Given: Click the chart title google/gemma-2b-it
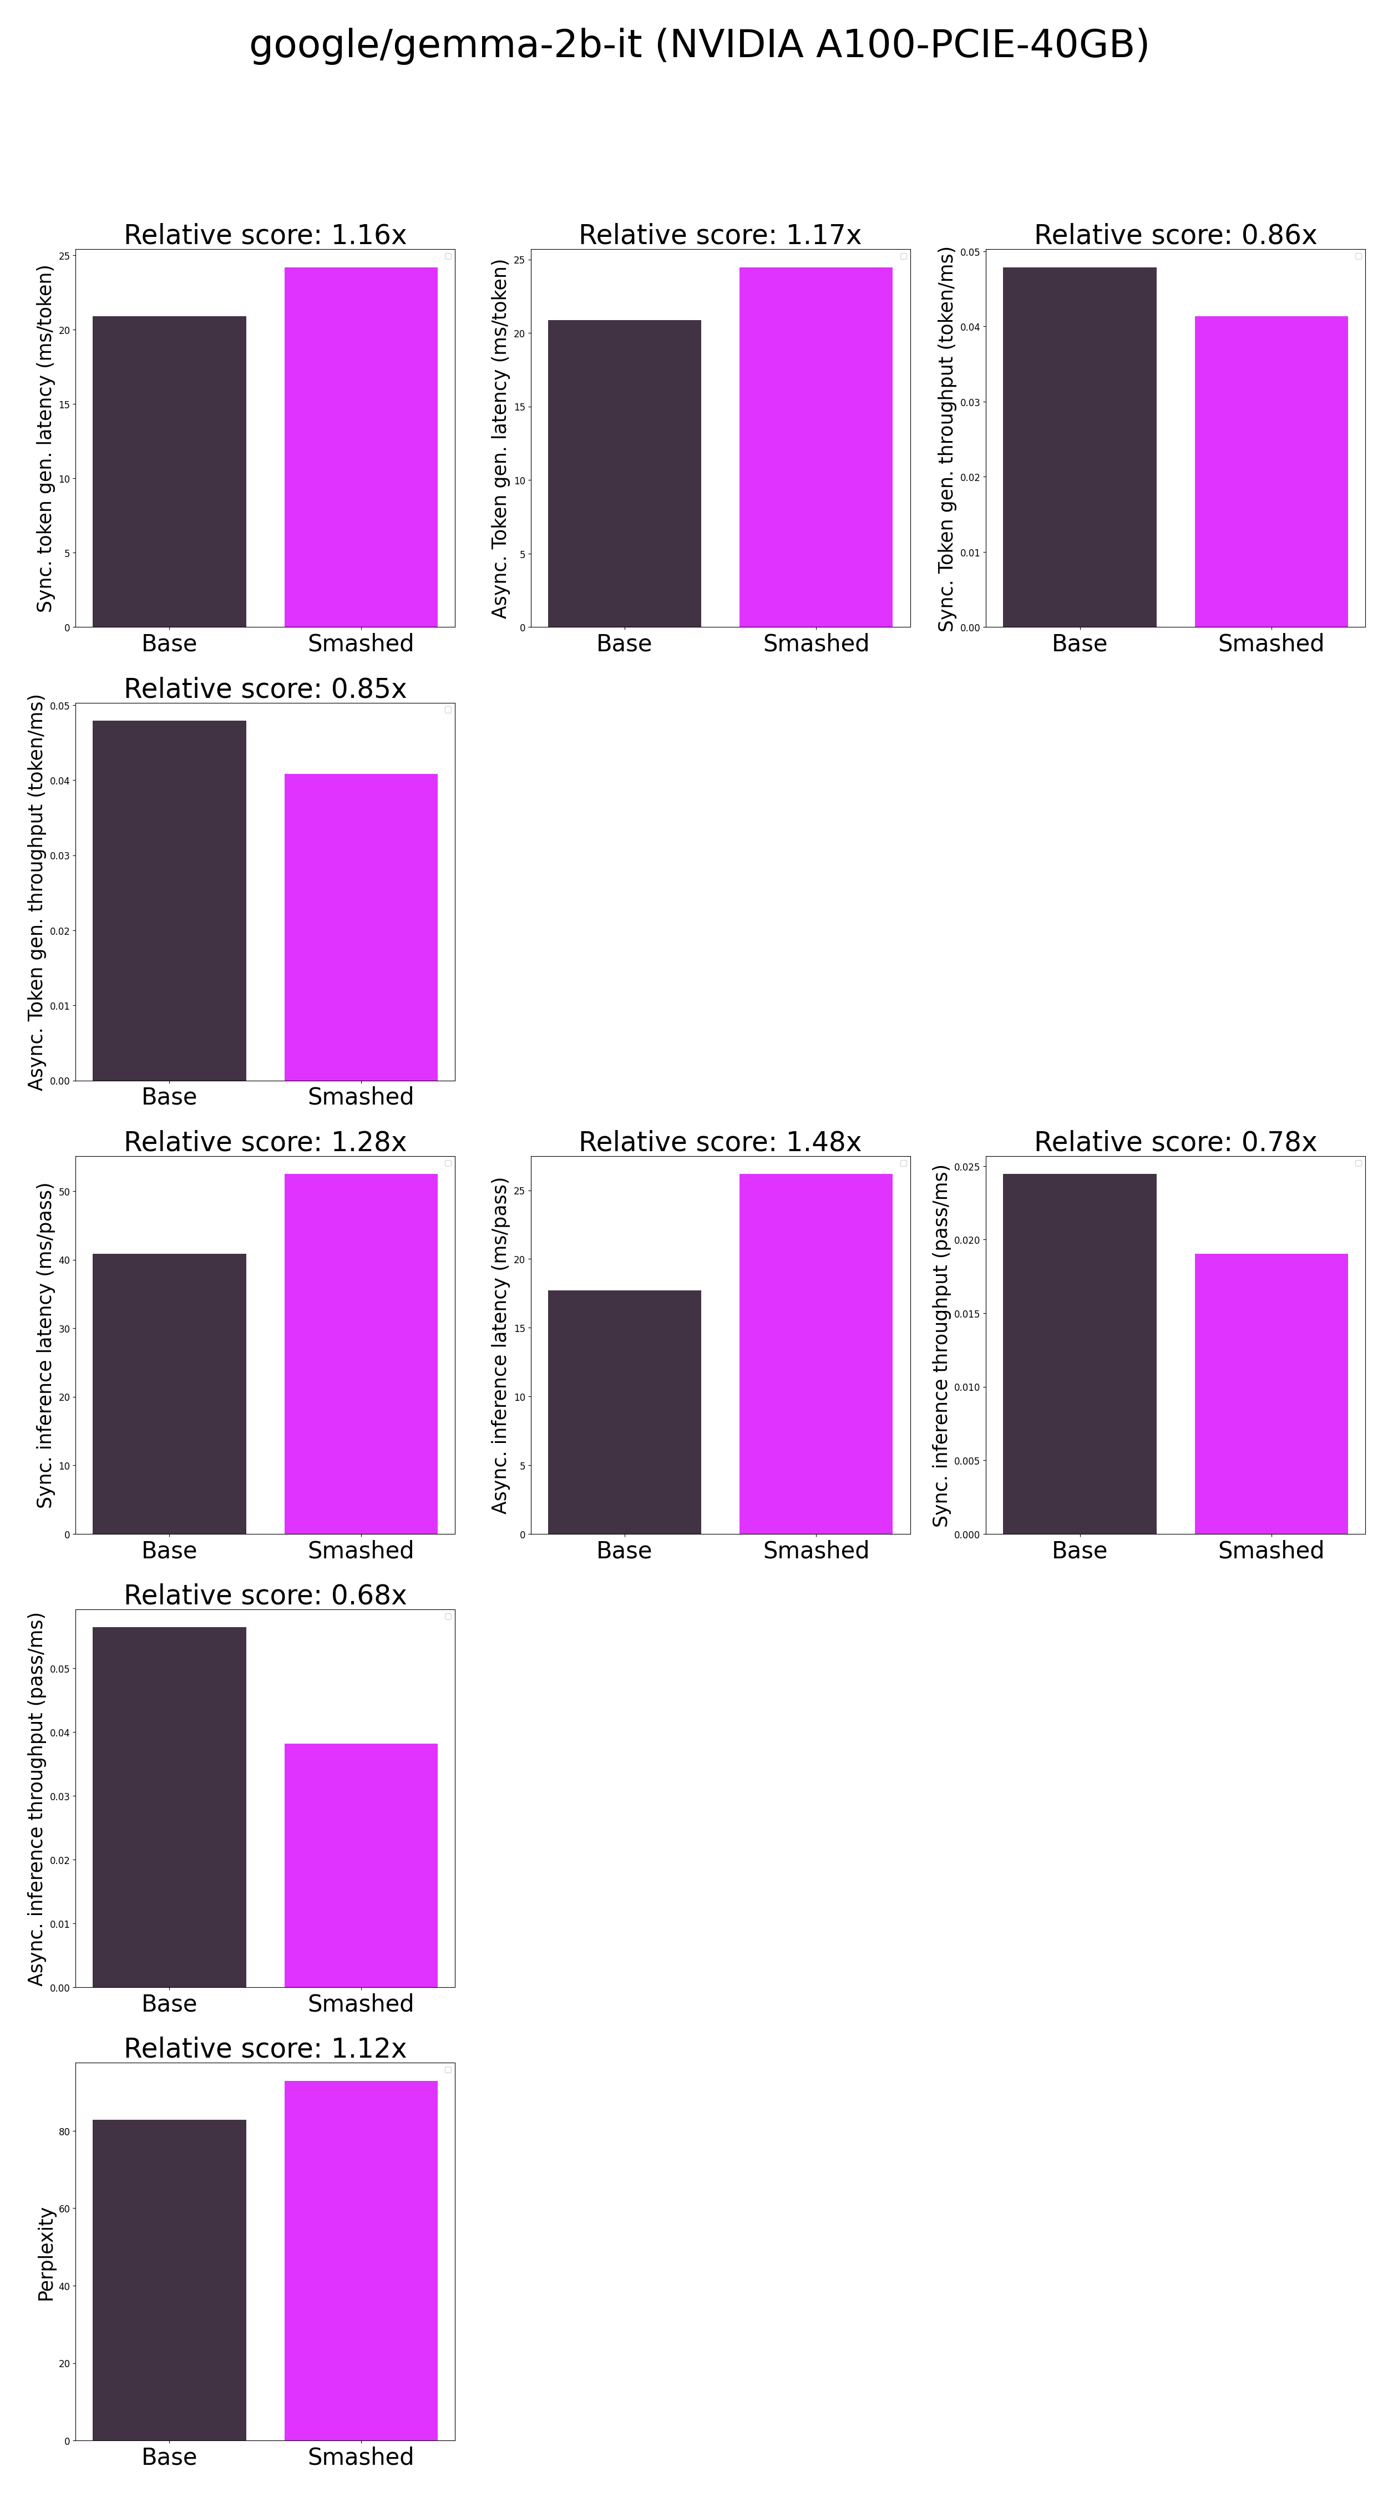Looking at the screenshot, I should tap(698, 44).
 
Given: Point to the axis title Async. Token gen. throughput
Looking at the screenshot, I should tap(37, 892).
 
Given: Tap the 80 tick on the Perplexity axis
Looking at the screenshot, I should tap(64, 2131).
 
